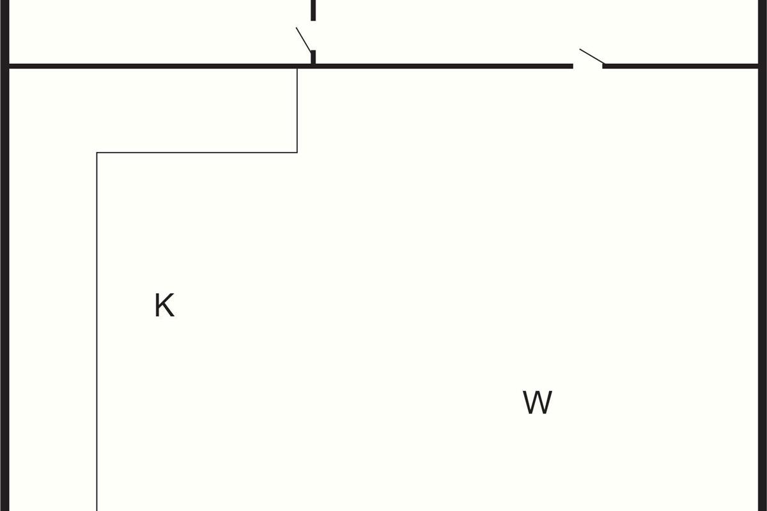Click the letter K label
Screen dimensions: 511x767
(x=164, y=305)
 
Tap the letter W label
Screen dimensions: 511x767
(x=537, y=402)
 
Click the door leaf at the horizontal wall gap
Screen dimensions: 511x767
(x=591, y=57)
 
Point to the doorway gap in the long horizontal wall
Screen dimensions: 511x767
(x=588, y=65)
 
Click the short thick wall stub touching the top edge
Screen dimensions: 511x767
(x=313, y=10)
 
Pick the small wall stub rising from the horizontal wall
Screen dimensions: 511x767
(x=313, y=57)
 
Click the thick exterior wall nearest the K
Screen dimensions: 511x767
(x=4, y=287)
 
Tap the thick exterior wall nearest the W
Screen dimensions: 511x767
(x=763, y=287)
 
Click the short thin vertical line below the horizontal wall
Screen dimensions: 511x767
(x=297, y=109)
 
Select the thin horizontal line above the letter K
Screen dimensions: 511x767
(x=197, y=153)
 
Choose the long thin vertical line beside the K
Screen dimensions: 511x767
(x=97, y=332)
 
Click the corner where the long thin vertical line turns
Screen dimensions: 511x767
(x=97, y=153)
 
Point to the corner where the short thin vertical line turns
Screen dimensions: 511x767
(x=297, y=153)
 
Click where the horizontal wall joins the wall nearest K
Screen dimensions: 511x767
(x=6, y=65)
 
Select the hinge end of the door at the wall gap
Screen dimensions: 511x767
(x=603, y=64)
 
